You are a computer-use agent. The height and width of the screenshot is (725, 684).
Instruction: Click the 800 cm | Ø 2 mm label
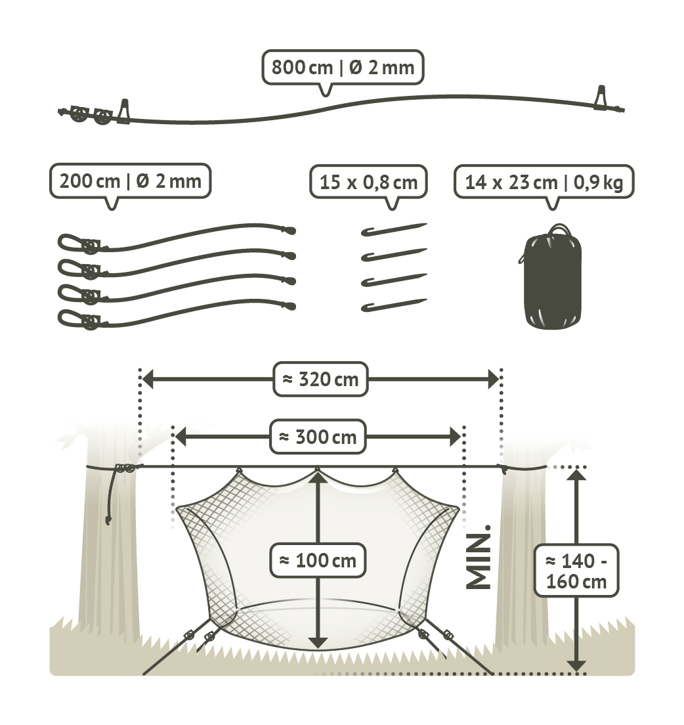point(343,68)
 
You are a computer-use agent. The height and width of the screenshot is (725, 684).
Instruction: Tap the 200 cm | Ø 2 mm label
point(131,181)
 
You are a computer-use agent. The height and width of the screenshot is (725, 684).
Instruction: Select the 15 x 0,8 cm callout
point(368,182)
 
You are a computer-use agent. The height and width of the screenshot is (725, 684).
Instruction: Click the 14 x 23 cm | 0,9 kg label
point(544,182)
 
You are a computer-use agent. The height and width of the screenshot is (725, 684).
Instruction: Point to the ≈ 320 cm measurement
point(320,380)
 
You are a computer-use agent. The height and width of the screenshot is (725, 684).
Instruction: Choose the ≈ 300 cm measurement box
point(318,437)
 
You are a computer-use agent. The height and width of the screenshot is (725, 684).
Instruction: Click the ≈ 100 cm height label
point(318,560)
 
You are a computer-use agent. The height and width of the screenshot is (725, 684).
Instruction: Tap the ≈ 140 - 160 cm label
point(576,571)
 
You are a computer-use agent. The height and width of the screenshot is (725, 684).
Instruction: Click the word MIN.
point(479,557)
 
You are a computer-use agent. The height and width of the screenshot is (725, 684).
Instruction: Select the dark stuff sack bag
point(552,277)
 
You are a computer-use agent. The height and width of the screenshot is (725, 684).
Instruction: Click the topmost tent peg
point(394,229)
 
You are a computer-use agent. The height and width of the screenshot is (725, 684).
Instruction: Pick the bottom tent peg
point(394,305)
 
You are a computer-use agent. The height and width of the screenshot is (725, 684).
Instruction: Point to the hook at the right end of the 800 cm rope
point(601,97)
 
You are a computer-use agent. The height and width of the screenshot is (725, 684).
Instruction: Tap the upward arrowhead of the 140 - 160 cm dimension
point(576,475)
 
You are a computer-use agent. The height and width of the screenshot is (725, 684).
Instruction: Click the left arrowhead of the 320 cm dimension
point(148,380)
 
